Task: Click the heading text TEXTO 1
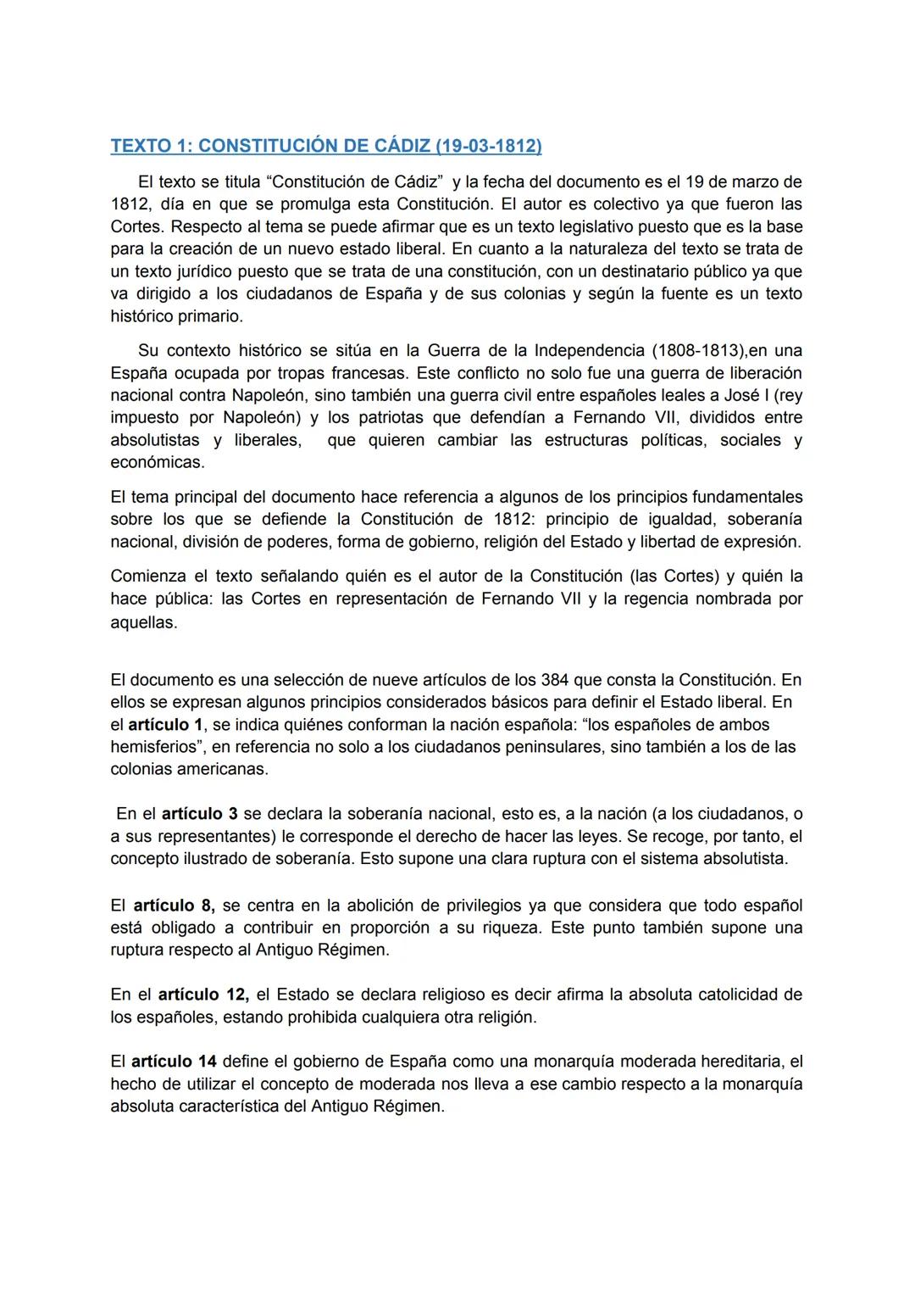tap(149, 146)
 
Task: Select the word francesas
tap(370, 373)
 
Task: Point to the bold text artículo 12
tap(202, 994)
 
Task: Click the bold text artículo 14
tap(174, 1061)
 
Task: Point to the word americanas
tap(225, 769)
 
